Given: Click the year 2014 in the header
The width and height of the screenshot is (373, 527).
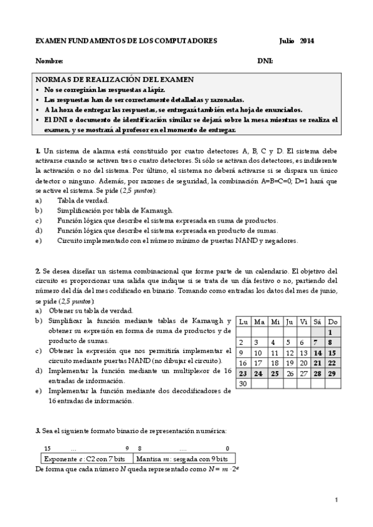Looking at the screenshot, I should [x=307, y=41].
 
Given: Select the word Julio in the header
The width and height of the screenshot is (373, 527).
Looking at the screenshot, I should [x=288, y=41].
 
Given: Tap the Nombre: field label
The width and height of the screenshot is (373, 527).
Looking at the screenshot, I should [x=49, y=61].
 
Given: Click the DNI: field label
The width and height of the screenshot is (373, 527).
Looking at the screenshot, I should [x=265, y=61].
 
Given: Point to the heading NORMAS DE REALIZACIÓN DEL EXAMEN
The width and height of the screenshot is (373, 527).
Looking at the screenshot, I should [x=114, y=80].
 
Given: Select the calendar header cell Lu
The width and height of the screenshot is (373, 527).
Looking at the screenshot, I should [x=243, y=321].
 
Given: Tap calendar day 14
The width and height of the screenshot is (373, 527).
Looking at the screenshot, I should [x=318, y=352].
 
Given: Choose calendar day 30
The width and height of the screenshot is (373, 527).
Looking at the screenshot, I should [x=243, y=383].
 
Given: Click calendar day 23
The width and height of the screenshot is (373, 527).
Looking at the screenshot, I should [x=243, y=373].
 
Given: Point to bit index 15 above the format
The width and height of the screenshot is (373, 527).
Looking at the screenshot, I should [x=47, y=449].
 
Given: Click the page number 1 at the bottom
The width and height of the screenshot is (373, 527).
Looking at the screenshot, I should [x=336, y=500].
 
